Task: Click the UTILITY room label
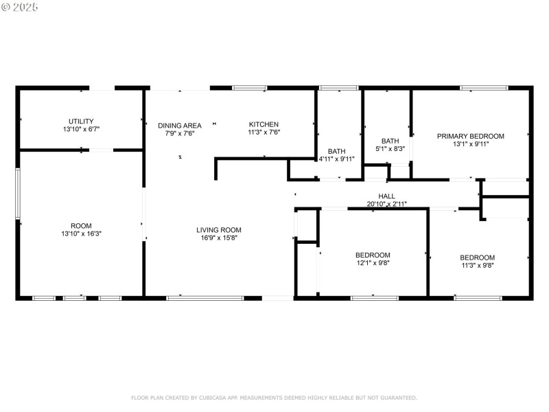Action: pyautogui.click(x=81, y=121)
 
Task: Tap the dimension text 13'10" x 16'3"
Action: pyautogui.click(x=81, y=233)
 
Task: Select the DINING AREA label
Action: pyautogui.click(x=180, y=126)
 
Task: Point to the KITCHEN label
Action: pyautogui.click(x=264, y=124)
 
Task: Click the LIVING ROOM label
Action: pyautogui.click(x=219, y=230)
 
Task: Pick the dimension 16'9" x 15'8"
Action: pyautogui.click(x=219, y=238)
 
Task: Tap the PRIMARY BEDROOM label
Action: pyautogui.click(x=471, y=136)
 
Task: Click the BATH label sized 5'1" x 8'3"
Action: pyautogui.click(x=390, y=140)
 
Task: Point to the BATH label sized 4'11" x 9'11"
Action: pyautogui.click(x=336, y=151)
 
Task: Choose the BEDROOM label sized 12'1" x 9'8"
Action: pyautogui.click(x=373, y=255)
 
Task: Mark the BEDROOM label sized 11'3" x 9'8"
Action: pyautogui.click(x=477, y=257)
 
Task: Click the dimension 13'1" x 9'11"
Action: pyautogui.click(x=471, y=144)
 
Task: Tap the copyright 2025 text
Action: pyautogui.click(x=20, y=7)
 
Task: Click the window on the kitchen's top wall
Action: pyautogui.click(x=249, y=88)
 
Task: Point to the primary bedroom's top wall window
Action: pyautogui.click(x=484, y=88)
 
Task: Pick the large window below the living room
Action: pyautogui.click(x=205, y=298)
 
